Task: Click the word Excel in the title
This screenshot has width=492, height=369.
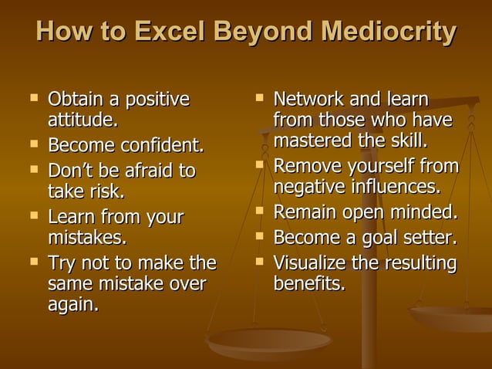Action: click(x=172, y=32)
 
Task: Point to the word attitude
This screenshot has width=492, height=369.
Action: click(x=83, y=121)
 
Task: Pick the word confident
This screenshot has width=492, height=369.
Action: click(x=159, y=145)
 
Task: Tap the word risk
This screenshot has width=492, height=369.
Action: click(x=106, y=191)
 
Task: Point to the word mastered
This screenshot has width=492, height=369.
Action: click(x=307, y=142)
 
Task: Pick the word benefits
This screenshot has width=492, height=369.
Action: click(x=309, y=283)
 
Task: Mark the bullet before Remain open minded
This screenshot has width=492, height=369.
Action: click(x=259, y=211)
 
